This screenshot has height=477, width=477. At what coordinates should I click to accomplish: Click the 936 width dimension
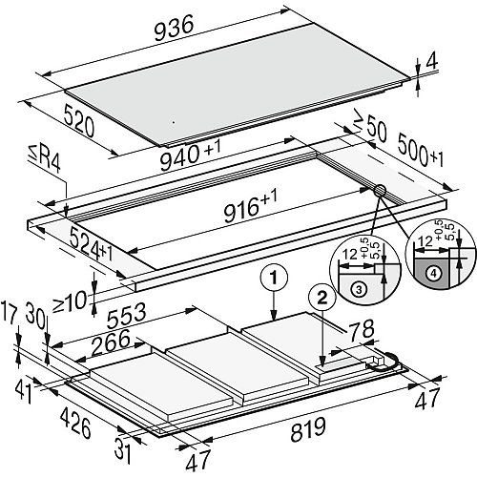click(174, 29)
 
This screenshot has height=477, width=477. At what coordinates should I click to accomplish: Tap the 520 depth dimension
click(79, 121)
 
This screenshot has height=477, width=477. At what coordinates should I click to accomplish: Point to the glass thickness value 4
click(431, 63)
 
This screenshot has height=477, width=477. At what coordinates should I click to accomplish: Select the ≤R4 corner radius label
click(44, 160)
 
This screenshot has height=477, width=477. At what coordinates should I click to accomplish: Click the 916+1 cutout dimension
click(251, 207)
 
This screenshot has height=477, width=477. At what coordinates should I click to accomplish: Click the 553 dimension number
click(126, 316)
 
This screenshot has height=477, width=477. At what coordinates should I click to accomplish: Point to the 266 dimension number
click(111, 342)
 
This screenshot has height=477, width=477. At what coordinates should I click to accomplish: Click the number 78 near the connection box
click(362, 330)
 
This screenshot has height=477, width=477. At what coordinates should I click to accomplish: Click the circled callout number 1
click(274, 278)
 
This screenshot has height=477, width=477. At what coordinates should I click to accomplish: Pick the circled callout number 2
click(322, 298)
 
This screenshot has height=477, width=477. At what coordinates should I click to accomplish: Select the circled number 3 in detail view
click(359, 290)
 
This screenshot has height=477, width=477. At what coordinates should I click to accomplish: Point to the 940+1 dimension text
click(190, 156)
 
